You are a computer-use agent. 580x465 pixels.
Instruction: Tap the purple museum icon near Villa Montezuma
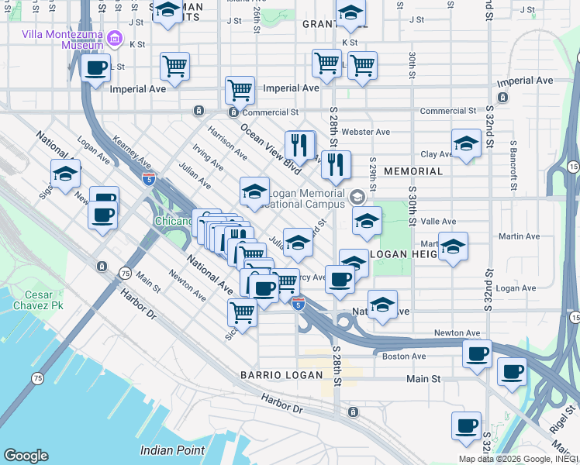click(x=116, y=37)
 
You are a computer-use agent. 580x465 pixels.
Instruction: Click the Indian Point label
click(x=172, y=449)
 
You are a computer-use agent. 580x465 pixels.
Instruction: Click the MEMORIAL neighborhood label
click(x=413, y=170)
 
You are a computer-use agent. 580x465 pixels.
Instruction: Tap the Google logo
click(x=26, y=456)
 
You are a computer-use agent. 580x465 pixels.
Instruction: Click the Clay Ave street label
click(x=436, y=154)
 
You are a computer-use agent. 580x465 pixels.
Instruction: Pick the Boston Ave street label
click(x=404, y=356)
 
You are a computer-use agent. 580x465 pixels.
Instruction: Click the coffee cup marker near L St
click(x=96, y=68)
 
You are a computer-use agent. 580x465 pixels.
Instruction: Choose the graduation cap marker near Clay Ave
click(x=465, y=145)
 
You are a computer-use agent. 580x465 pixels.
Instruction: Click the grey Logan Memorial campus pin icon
click(x=357, y=196)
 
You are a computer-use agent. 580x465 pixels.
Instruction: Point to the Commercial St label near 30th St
click(x=448, y=112)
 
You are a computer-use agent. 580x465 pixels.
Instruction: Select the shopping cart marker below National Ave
click(x=242, y=312)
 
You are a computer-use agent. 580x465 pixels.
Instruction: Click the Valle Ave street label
click(x=439, y=221)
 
